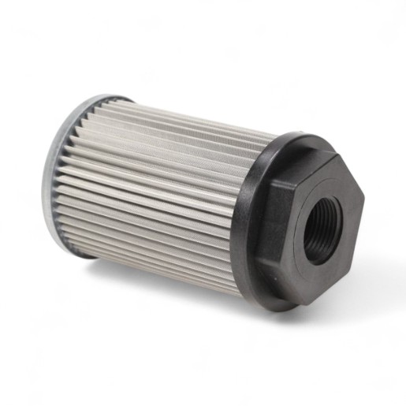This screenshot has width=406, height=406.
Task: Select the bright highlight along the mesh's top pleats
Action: click(181, 118)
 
